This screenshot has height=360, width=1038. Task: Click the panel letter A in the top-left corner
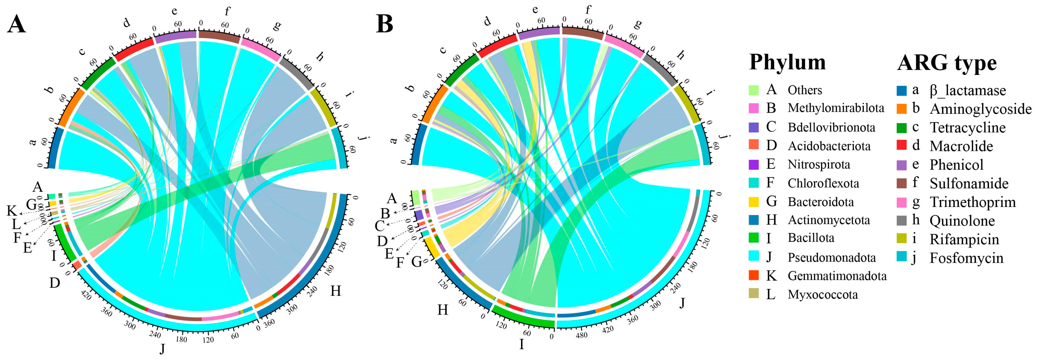click(17, 24)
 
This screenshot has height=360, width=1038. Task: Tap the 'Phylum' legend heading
click(787, 62)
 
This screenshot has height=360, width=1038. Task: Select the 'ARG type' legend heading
click(947, 63)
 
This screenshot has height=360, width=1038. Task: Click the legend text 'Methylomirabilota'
click(836, 108)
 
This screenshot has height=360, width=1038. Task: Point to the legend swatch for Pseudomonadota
click(753, 256)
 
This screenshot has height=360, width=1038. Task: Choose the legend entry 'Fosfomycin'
click(966, 258)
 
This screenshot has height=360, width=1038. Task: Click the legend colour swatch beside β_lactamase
click(902, 90)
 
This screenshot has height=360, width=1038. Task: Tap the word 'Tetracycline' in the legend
click(967, 128)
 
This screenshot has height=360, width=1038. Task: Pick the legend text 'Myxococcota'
click(822, 295)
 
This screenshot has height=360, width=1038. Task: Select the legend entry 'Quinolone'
click(962, 221)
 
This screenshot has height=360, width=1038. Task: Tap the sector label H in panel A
click(335, 291)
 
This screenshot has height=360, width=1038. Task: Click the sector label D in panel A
click(55, 283)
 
